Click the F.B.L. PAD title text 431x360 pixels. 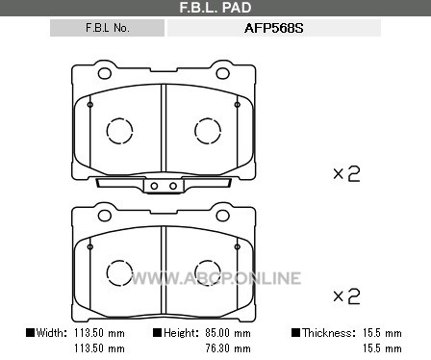pos(215,8)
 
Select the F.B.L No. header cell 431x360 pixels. pos(107,28)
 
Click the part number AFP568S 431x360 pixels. pos(273,28)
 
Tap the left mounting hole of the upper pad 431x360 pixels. pos(105,73)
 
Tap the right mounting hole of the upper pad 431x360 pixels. pos(222,73)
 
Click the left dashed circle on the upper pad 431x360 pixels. pos(119,131)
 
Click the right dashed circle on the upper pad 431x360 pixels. pos(208,131)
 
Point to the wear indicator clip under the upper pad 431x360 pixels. pos(164,186)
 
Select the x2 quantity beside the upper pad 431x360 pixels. pos(346,174)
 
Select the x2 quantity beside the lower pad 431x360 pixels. pos(346,296)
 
